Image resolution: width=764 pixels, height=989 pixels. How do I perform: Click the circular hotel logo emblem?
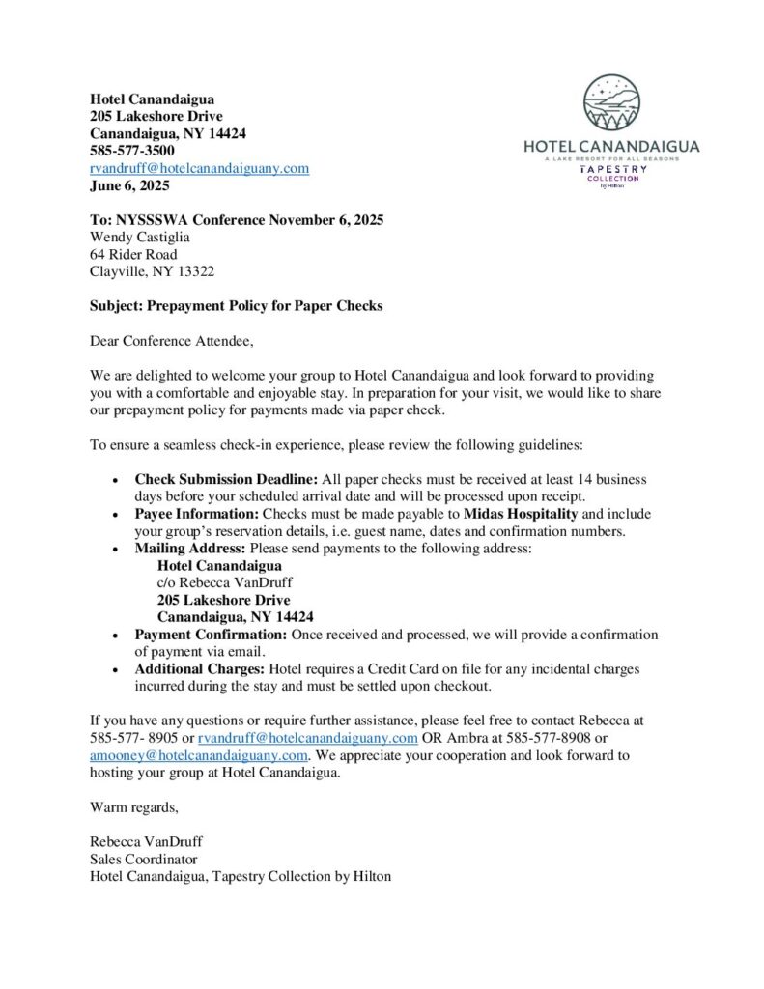tap(611, 104)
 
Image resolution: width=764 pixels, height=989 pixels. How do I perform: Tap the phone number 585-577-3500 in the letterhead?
tap(132, 151)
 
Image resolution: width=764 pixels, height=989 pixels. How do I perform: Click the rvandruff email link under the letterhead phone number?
tap(199, 168)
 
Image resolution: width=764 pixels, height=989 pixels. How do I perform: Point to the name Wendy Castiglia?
tap(139, 238)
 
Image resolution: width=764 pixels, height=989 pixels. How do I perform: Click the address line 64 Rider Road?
tap(133, 255)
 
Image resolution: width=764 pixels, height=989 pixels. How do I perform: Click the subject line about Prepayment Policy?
tap(237, 306)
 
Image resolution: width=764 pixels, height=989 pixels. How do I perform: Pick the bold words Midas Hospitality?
tap(522, 514)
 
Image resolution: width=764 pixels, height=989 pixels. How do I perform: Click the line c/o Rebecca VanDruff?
tap(224, 583)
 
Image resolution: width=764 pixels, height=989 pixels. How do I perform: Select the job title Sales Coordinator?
tap(143, 859)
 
